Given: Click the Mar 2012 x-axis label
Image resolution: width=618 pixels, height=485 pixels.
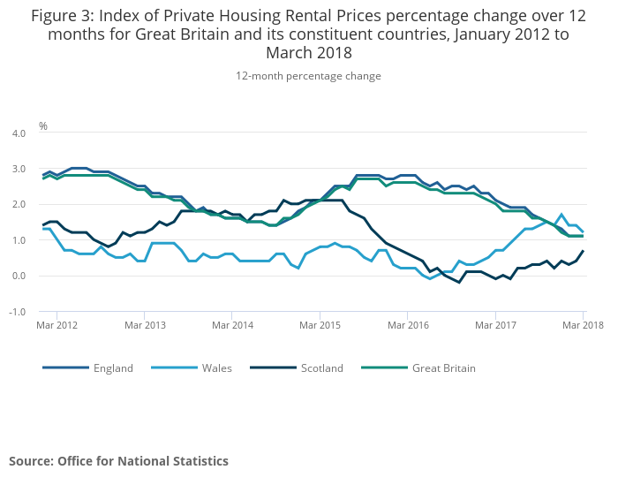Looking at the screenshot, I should [x=57, y=325].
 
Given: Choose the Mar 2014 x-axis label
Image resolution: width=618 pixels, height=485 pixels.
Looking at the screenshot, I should [x=232, y=325].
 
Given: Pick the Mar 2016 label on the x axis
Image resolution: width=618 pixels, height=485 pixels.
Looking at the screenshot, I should [x=407, y=325].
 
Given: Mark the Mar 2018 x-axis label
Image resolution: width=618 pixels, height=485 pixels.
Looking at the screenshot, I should [x=582, y=325].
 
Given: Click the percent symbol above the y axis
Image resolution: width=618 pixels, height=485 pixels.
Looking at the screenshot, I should [x=43, y=126].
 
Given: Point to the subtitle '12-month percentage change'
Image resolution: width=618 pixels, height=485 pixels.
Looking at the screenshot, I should [x=308, y=76].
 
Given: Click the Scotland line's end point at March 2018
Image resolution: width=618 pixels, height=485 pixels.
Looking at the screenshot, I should [x=583, y=251].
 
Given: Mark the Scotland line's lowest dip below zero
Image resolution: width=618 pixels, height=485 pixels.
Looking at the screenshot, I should [x=459, y=283].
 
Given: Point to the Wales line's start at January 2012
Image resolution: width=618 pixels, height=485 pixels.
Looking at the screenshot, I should [x=43, y=229].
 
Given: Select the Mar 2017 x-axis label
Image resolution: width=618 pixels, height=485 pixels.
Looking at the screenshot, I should [x=494, y=325].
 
